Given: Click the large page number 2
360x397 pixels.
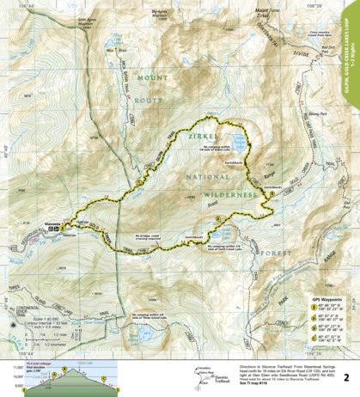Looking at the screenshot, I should [x=345, y=376].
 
